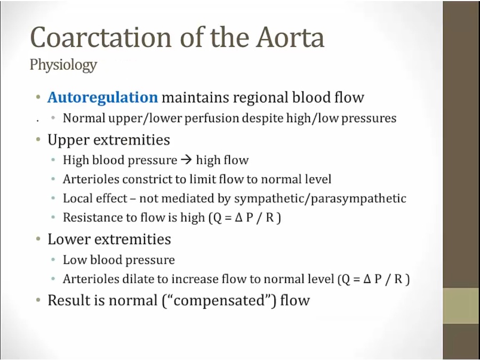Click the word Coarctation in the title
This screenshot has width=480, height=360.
[100, 37]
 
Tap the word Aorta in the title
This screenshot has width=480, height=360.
[290, 37]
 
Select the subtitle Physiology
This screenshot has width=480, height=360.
[63, 65]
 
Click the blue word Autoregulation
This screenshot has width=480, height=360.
[102, 98]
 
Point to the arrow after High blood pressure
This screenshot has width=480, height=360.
[187, 160]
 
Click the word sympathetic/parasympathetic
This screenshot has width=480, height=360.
[320, 199]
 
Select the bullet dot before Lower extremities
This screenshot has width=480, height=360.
[38, 239]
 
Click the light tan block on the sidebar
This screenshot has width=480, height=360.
[461, 306]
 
